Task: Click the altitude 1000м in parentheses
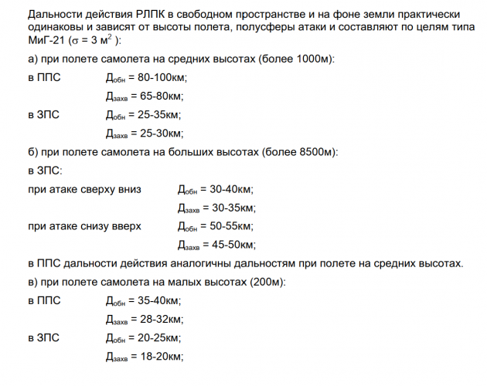coord(319,60)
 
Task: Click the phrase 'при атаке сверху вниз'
coord(84,189)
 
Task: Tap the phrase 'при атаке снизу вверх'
coord(84,226)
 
